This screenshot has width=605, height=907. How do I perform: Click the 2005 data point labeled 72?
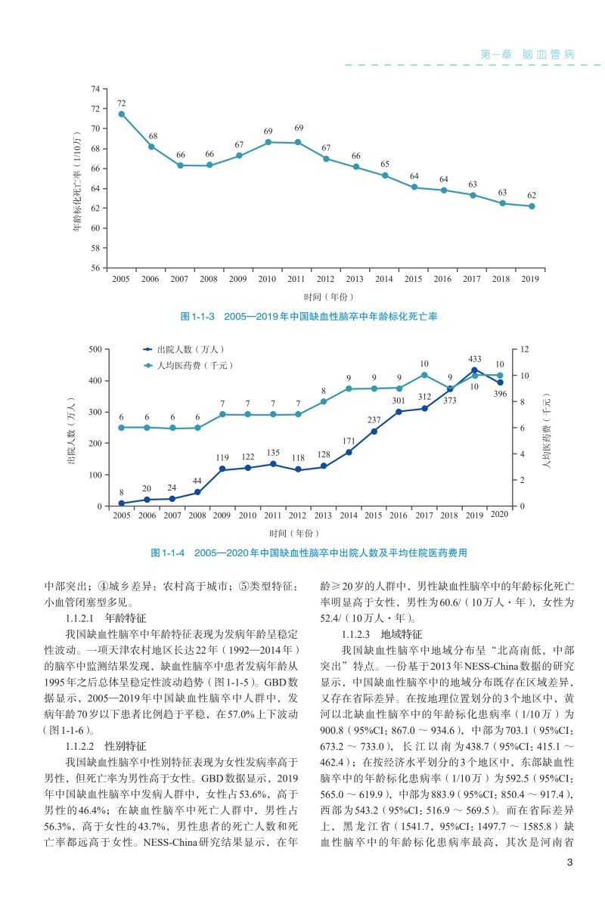tap(121, 114)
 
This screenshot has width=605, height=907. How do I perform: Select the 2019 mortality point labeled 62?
tap(532, 206)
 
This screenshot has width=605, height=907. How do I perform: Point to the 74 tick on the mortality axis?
tap(95, 89)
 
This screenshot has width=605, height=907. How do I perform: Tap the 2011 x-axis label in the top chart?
tap(296, 280)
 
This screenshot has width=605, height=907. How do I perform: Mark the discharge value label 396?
tap(500, 394)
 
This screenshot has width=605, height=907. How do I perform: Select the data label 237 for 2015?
tap(374, 419)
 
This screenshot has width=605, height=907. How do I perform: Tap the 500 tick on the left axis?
tap(95, 349)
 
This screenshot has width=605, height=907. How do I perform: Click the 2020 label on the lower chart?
tap(499, 515)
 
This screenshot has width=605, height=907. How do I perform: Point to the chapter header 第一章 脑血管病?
tap(528, 54)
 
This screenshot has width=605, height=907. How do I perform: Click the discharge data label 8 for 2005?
tap(121, 492)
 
